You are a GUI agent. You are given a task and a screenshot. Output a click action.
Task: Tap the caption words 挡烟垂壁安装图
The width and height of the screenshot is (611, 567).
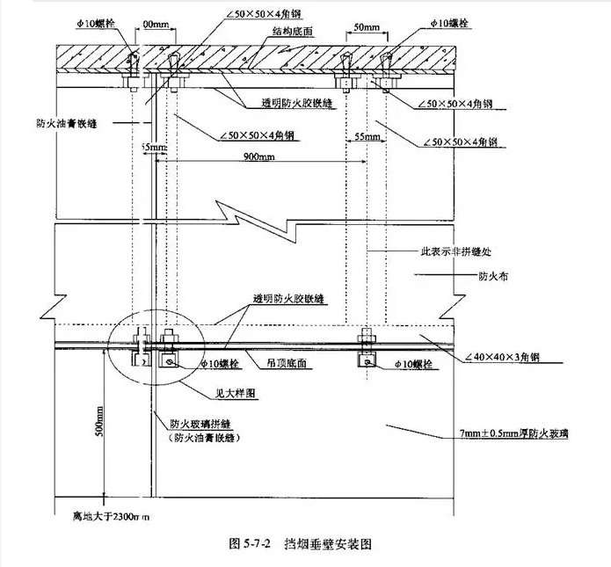click(326, 544)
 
